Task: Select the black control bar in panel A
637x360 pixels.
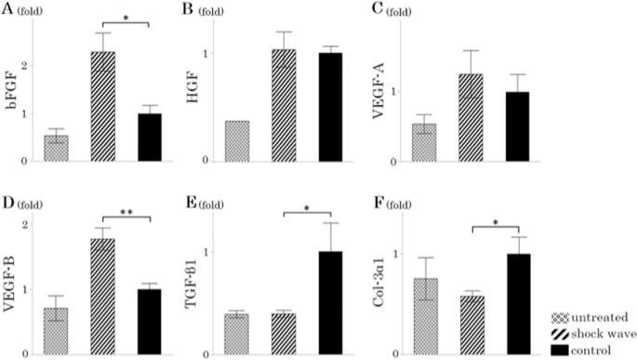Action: pyautogui.click(x=148, y=138)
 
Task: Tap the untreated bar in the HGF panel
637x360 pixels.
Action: pyautogui.click(x=238, y=140)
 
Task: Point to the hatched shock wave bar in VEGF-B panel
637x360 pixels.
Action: pyautogui.click(x=102, y=297)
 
